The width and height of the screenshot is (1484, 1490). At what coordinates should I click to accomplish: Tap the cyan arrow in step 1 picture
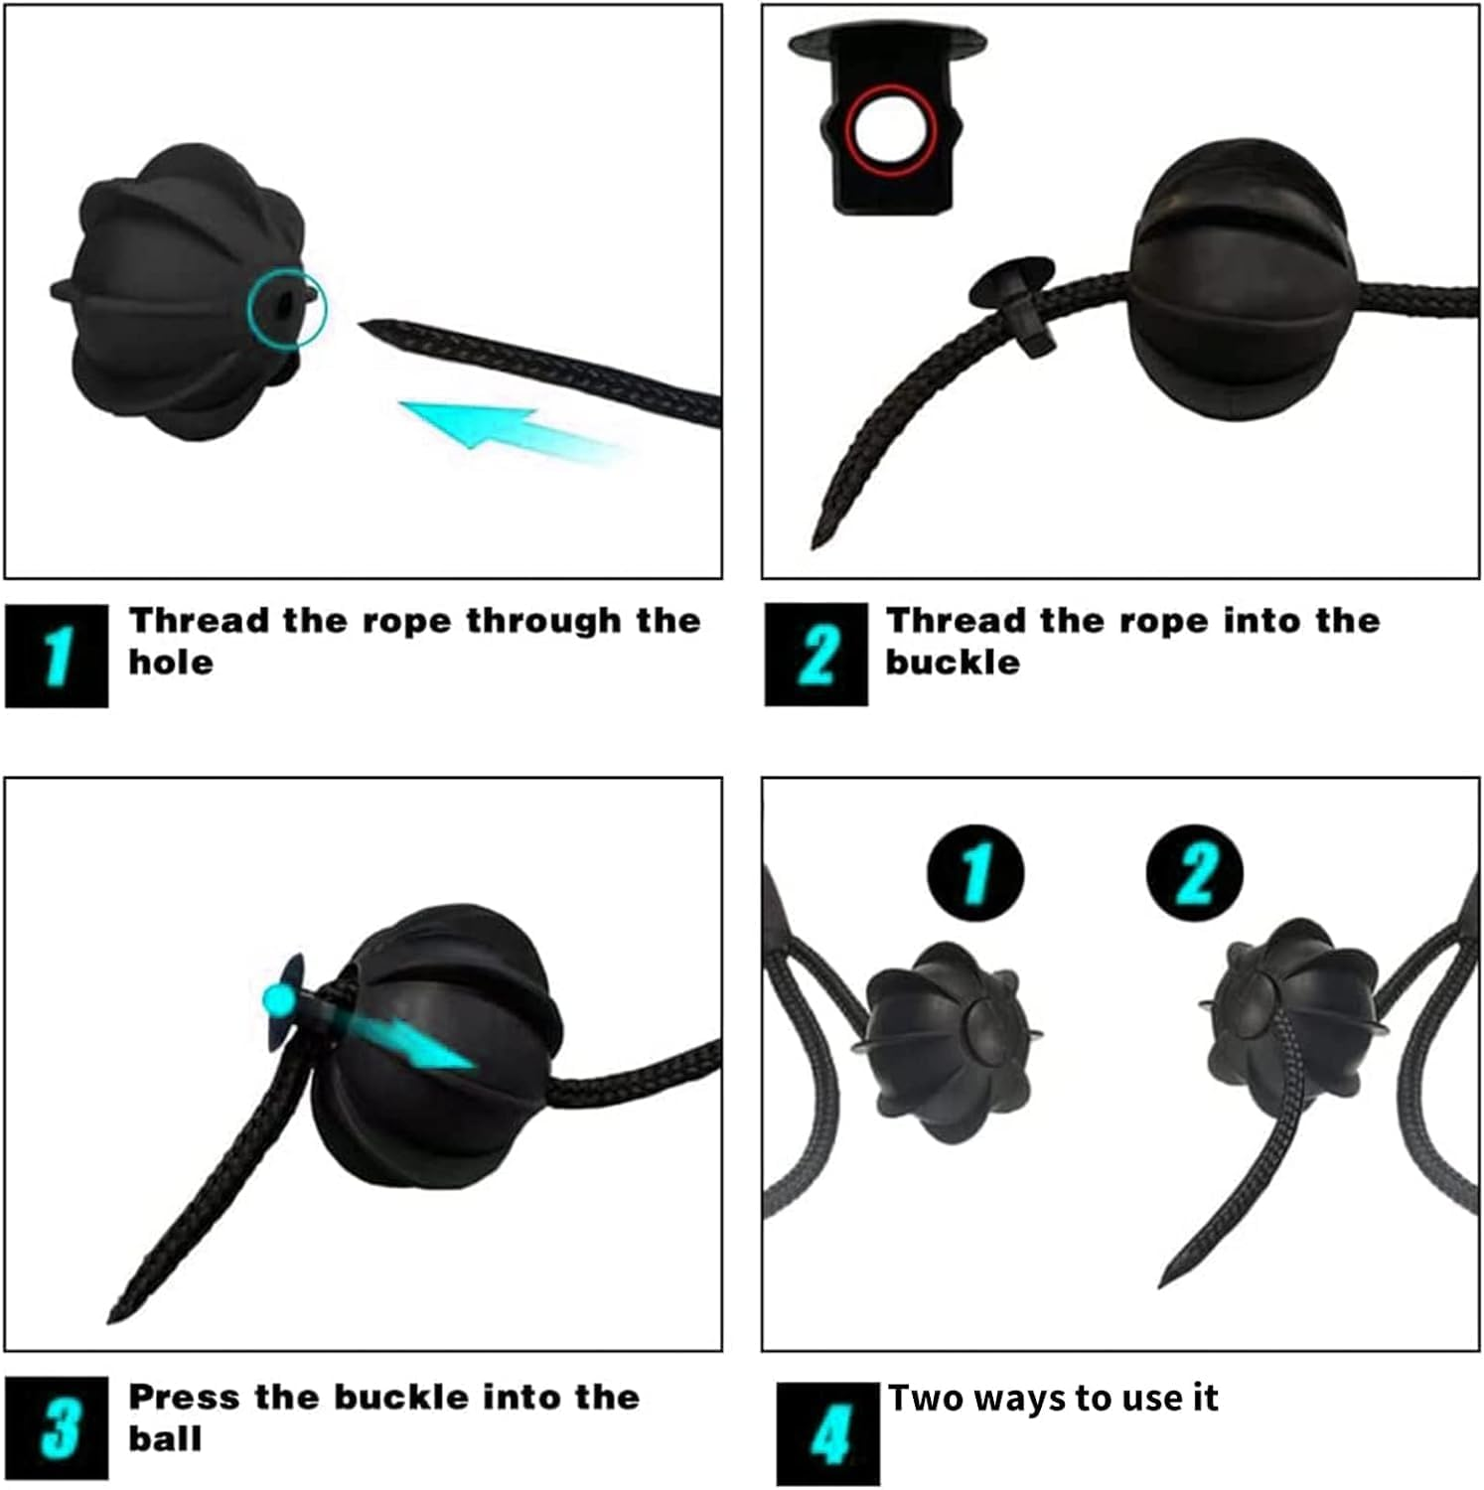pyautogui.click(x=512, y=429)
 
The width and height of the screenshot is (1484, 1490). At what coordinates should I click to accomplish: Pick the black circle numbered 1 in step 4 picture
pyautogui.click(x=975, y=873)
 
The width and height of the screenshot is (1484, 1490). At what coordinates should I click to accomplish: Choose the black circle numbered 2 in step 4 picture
pyautogui.click(x=1194, y=873)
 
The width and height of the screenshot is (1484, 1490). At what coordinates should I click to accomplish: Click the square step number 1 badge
pyautogui.click(x=57, y=656)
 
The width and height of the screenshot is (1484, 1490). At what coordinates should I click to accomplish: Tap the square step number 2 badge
pyautogui.click(x=816, y=655)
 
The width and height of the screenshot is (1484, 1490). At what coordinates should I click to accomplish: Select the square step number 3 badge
pyautogui.click(x=57, y=1428)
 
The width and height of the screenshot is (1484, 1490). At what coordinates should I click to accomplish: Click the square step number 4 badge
pyautogui.click(x=828, y=1433)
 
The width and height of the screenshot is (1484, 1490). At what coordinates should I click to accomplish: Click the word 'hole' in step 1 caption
pyautogui.click(x=171, y=663)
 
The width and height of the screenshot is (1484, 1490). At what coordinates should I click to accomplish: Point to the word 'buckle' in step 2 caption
pyautogui.click(x=953, y=663)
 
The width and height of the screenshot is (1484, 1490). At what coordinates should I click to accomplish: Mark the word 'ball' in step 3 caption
pyautogui.click(x=165, y=1439)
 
